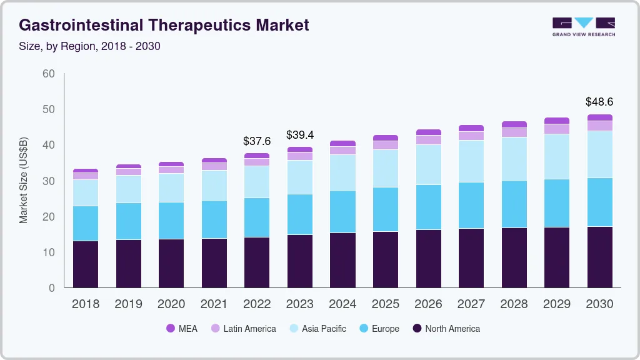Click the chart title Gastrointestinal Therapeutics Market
click(x=164, y=26)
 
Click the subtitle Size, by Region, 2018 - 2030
click(x=90, y=46)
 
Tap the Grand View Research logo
click(x=583, y=26)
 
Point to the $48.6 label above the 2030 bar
click(x=599, y=101)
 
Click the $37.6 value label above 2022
click(x=257, y=141)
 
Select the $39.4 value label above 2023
click(x=299, y=135)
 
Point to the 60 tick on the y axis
click(x=48, y=74)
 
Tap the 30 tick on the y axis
click(x=48, y=181)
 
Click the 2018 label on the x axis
click(x=86, y=304)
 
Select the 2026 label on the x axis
click(x=428, y=304)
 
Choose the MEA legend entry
click(x=182, y=329)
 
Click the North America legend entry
click(x=446, y=329)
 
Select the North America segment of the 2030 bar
click(x=600, y=257)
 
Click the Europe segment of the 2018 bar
click(x=86, y=223)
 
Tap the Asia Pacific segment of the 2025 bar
click(x=386, y=168)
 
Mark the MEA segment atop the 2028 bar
click(x=514, y=124)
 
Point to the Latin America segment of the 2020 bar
click(x=171, y=169)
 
